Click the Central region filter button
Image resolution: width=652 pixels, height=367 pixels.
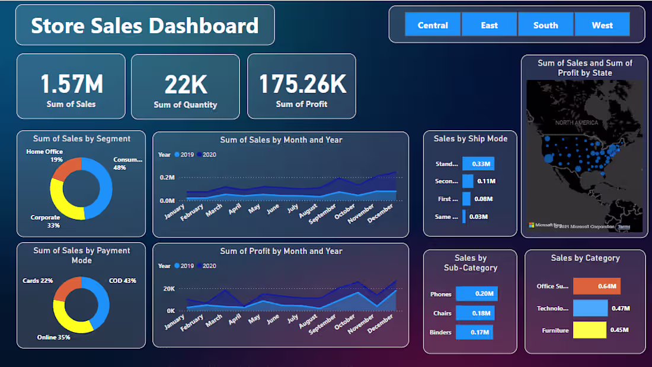tap(433, 25)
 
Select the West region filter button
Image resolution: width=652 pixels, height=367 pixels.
tap(602, 25)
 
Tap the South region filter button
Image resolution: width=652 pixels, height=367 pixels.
tap(545, 25)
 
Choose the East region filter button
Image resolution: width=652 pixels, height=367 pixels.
tap(490, 25)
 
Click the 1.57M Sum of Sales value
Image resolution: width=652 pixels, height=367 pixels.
tap(71, 84)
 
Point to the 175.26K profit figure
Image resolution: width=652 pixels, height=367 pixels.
tap(302, 84)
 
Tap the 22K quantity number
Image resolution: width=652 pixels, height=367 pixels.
tap(186, 85)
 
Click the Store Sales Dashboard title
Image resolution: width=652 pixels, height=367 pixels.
tap(145, 26)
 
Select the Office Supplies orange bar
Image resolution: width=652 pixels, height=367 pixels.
tap(596, 286)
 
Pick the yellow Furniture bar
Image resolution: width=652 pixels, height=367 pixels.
tap(589, 330)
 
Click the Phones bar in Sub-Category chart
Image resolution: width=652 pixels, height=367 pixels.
tap(477, 294)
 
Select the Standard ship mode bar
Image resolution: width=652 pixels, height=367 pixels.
tap(478, 164)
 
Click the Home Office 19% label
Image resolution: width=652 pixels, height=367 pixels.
tap(45, 156)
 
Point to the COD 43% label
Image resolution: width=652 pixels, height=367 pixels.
tap(122, 281)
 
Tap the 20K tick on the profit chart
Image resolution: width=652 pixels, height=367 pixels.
tap(169, 289)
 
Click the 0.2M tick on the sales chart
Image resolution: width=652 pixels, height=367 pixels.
tap(167, 178)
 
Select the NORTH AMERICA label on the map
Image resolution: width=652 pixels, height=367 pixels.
tap(577, 123)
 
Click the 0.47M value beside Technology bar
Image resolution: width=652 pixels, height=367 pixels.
tap(620, 308)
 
